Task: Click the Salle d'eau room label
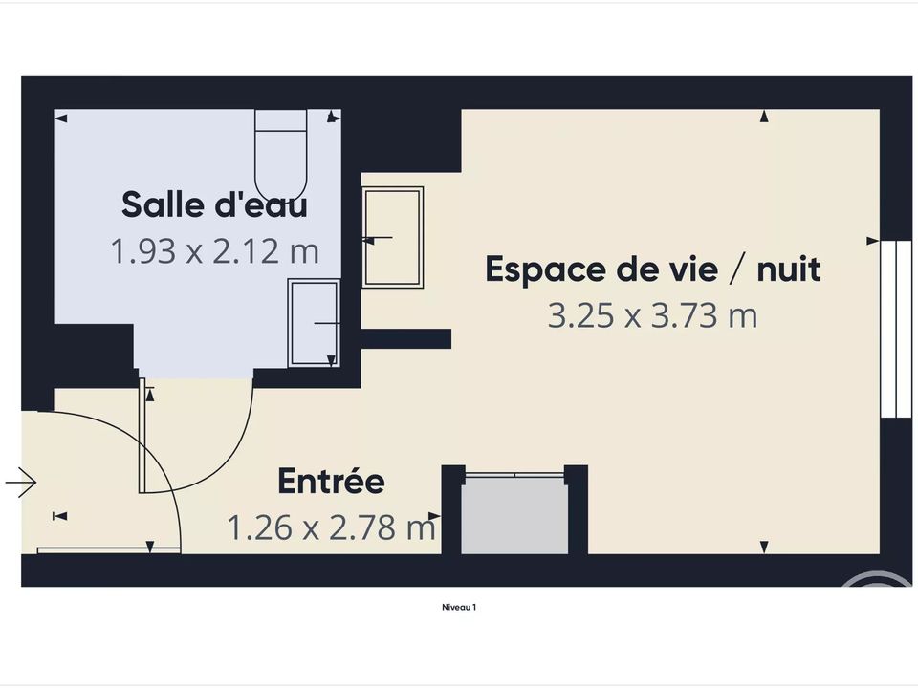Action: click(x=214, y=204)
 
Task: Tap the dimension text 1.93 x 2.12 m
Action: click(x=214, y=251)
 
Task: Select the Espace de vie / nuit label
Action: click(x=653, y=269)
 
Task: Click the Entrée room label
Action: click(x=332, y=481)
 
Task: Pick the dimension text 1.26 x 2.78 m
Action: click(x=332, y=527)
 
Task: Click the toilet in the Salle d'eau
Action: click(x=281, y=156)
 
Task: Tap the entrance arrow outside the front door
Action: click(x=21, y=483)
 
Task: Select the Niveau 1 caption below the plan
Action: click(x=459, y=608)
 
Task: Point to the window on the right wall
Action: click(x=896, y=329)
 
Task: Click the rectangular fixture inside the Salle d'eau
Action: click(x=314, y=323)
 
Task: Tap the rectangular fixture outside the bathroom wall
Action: click(x=392, y=238)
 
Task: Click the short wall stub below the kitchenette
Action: click(x=405, y=338)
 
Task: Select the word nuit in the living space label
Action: click(x=789, y=269)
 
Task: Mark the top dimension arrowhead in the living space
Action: click(x=764, y=117)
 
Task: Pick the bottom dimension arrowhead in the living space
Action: click(x=764, y=547)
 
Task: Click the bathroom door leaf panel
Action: click(x=142, y=436)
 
